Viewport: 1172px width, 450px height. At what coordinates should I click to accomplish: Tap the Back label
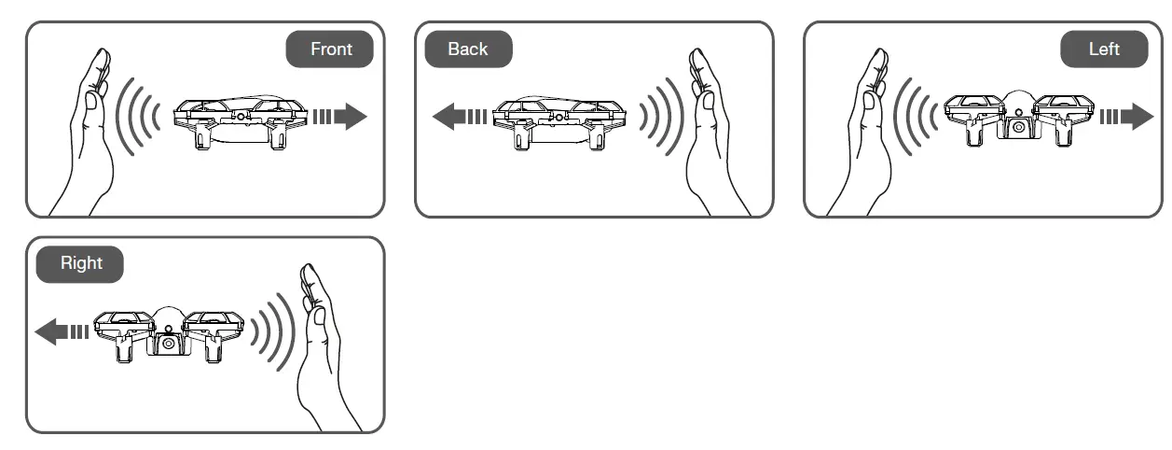(x=468, y=49)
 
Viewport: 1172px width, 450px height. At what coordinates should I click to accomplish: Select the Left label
(x=1104, y=49)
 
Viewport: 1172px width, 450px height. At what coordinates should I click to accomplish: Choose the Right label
(x=81, y=263)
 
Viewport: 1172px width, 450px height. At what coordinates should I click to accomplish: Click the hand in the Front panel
(x=89, y=131)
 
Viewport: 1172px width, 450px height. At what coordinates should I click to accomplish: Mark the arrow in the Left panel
(x=1126, y=117)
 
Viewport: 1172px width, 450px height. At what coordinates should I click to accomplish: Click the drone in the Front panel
(x=241, y=120)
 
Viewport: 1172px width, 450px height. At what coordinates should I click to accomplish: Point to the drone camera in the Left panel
(x=1020, y=126)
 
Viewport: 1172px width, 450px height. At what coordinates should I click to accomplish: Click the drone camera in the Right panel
(x=169, y=343)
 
